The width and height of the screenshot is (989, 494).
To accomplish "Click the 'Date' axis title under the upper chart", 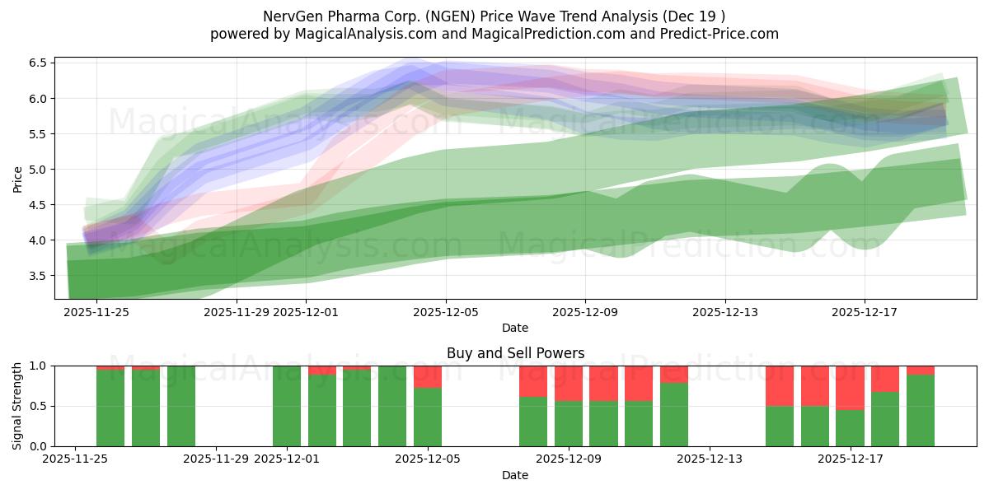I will click(x=515, y=328).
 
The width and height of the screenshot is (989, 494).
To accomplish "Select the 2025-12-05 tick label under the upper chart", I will click(x=446, y=312).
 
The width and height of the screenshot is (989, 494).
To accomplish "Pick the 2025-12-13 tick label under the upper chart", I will click(x=725, y=312).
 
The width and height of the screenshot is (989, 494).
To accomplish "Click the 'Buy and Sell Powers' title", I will click(x=515, y=353).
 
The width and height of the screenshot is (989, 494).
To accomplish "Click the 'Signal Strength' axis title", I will click(x=18, y=406).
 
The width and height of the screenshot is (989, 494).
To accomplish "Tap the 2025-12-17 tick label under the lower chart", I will click(x=850, y=459).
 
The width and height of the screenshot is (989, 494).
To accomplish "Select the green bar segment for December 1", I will click(x=287, y=406).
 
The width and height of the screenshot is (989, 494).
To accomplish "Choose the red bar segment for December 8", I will click(x=533, y=381).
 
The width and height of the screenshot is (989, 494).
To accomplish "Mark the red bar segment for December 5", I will click(x=428, y=376).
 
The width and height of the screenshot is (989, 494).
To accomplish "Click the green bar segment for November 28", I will click(x=181, y=406).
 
